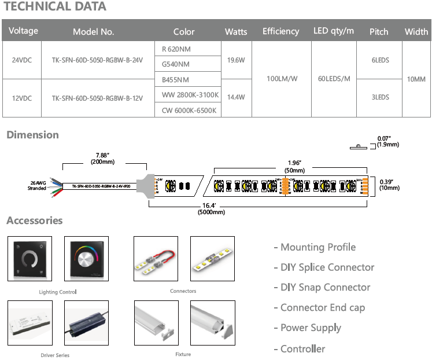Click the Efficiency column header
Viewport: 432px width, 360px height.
[280, 31]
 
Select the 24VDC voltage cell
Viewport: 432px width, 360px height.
[23, 60]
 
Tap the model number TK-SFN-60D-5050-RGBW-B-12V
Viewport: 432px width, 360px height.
[97, 98]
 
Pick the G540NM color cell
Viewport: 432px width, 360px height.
[176, 64]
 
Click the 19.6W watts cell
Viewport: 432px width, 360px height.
[236, 60]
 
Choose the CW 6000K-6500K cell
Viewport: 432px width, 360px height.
[189, 110]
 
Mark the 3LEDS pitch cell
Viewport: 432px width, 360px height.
[380, 98]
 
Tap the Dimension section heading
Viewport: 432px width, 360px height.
[33, 135]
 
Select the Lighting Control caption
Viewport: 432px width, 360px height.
[57, 292]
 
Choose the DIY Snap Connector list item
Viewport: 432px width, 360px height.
[322, 288]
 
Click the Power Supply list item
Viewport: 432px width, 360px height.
[311, 328]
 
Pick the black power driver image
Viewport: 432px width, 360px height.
[86, 322]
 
